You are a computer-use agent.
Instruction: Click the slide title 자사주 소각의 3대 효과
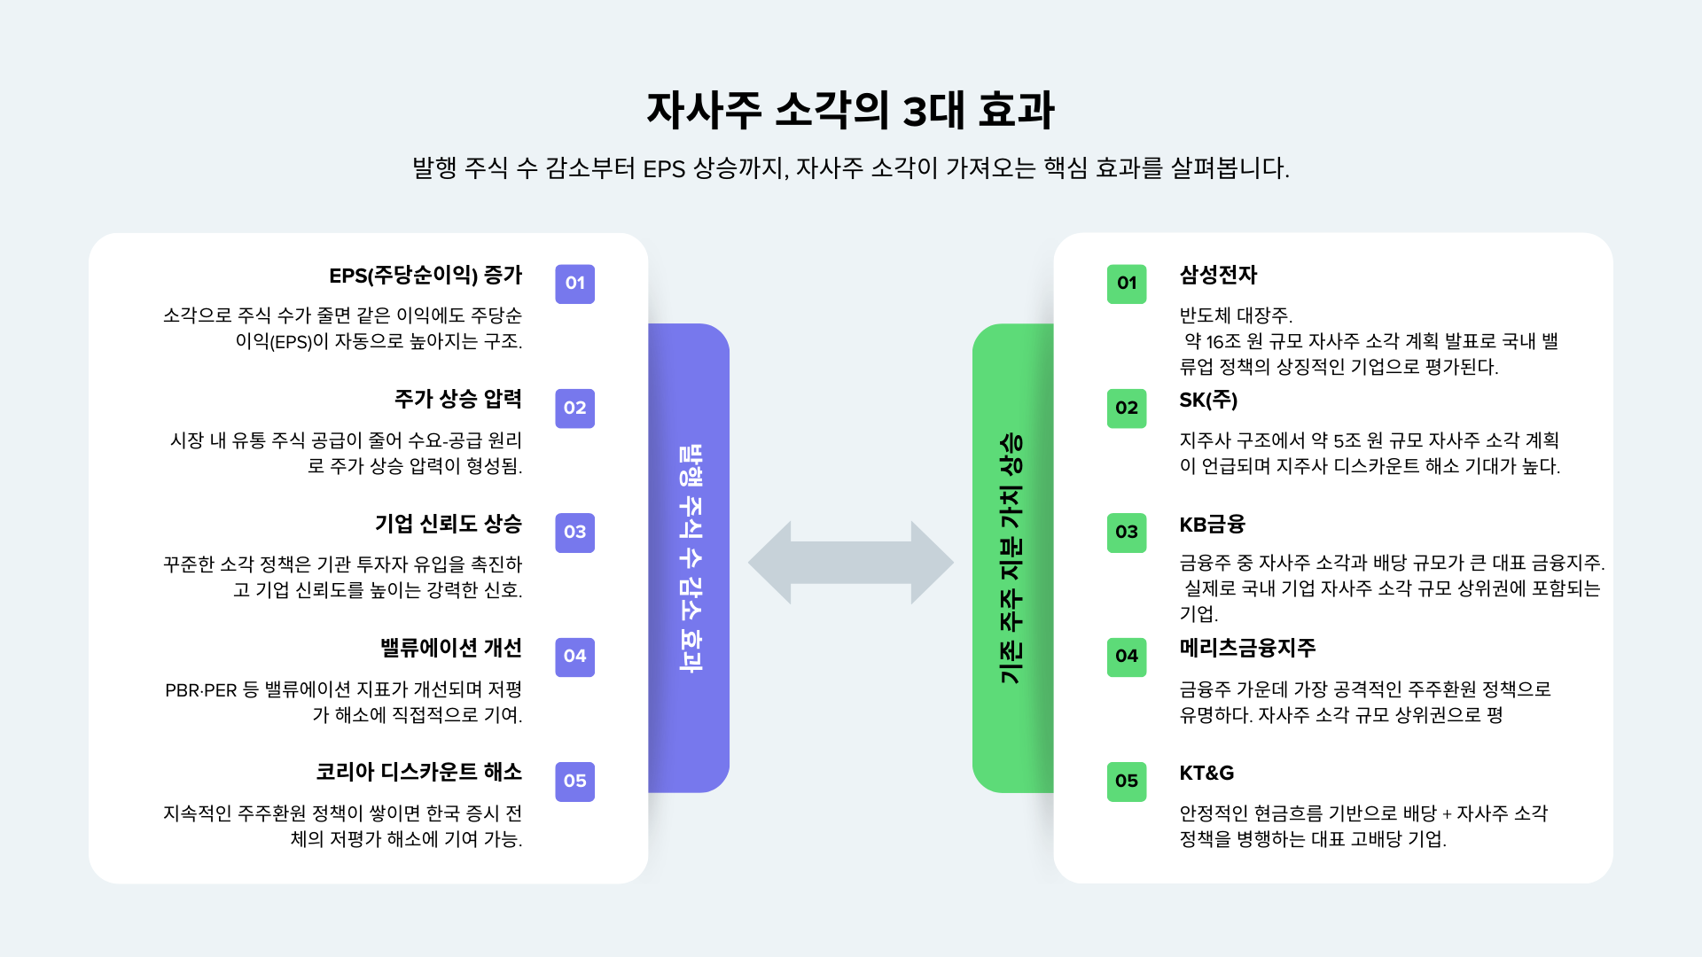click(x=850, y=111)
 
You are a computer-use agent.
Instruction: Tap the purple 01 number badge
click(x=574, y=284)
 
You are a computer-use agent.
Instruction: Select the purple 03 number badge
click(x=574, y=533)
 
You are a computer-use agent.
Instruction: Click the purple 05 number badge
click(x=574, y=782)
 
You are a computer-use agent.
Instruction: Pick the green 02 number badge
click(x=1126, y=408)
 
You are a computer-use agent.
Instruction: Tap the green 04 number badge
click(x=1126, y=657)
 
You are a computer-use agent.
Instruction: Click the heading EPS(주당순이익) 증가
click(x=425, y=276)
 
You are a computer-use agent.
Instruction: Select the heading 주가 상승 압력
click(x=458, y=400)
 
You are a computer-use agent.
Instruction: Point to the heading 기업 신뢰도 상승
click(x=449, y=524)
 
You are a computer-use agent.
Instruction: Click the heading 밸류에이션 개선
click(x=451, y=648)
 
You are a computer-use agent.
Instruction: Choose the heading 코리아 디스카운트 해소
click(x=419, y=772)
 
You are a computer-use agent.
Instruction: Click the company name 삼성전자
click(x=1218, y=275)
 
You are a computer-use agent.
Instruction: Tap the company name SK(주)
click(x=1208, y=400)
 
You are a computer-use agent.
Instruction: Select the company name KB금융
click(x=1212, y=524)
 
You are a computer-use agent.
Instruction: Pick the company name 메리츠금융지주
click(x=1247, y=648)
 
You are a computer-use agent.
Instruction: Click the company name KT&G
click(x=1206, y=773)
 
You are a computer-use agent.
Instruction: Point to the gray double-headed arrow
click(x=850, y=563)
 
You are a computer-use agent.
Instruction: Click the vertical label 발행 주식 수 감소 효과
click(x=690, y=558)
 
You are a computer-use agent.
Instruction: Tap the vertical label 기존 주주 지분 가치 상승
click(x=1011, y=558)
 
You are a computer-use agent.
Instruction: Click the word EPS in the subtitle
click(x=664, y=168)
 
